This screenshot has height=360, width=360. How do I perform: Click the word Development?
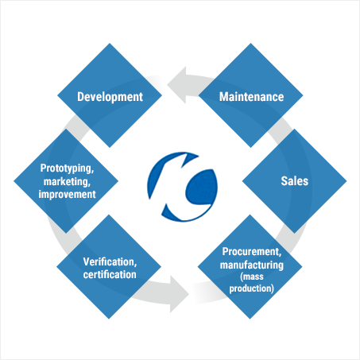coord(110,97)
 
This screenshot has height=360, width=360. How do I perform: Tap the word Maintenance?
coord(251,97)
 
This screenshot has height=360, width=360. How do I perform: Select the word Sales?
coord(295,181)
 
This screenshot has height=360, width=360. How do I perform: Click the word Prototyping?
coord(67,168)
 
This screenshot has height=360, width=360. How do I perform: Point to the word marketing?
coord(67,182)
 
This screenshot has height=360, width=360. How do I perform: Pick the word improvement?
coord(67,194)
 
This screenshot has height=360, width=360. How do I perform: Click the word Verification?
coord(110,262)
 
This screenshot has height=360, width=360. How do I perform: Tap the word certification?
coord(110,274)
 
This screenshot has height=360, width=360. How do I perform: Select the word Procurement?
coord(252,252)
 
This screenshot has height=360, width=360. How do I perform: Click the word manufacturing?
coord(252,265)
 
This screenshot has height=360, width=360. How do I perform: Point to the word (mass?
coord(252,277)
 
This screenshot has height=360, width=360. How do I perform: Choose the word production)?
coord(252,288)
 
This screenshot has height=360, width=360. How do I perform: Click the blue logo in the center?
coord(183,187)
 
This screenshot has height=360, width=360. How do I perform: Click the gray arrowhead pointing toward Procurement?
coord(180,294)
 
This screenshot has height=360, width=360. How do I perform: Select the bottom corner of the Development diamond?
coord(110,148)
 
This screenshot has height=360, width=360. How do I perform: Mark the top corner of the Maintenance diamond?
coord(250,43)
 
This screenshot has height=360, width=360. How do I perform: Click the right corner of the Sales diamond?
coord(346,181)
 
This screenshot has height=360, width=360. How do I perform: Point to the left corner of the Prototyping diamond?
coord(14,181)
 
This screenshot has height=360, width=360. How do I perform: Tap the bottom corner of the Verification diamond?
coord(109,319)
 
